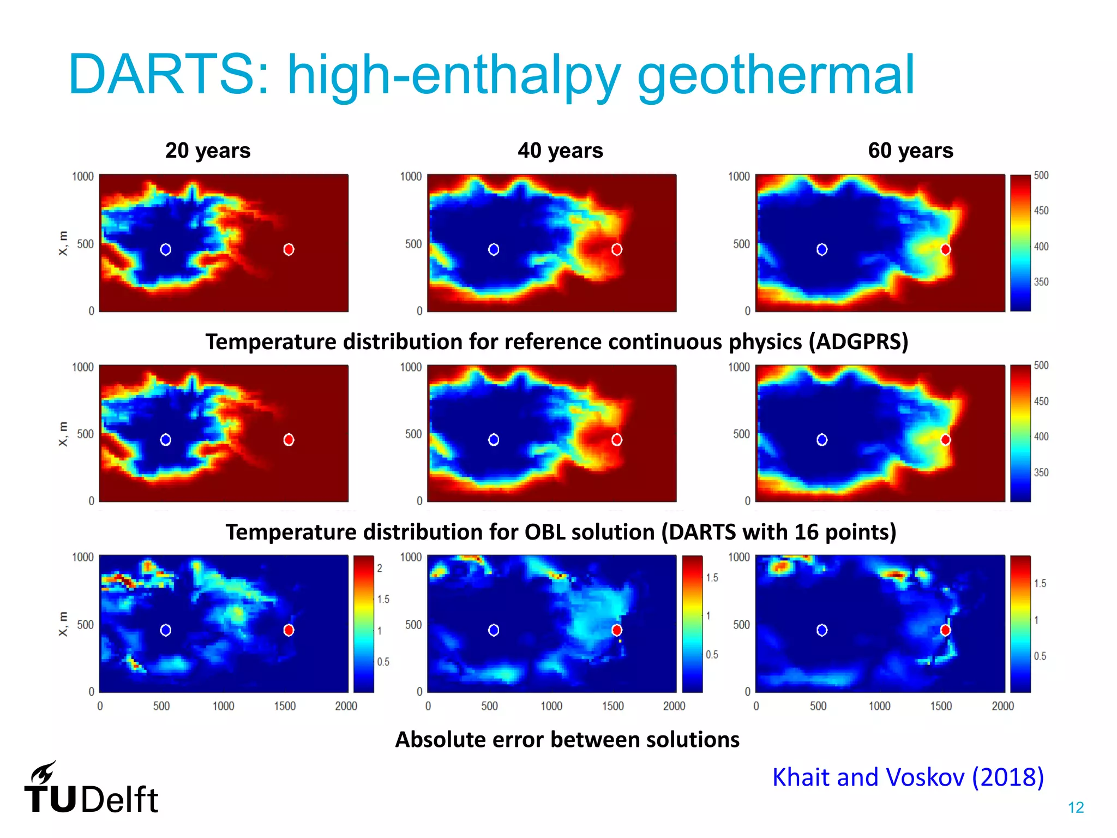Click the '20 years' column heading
tap(208, 151)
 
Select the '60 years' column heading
tap(910, 151)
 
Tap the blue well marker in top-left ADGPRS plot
tap(165, 249)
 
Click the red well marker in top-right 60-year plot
tap(946, 249)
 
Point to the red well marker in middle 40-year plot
tap(617, 440)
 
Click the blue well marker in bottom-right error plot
tap(822, 630)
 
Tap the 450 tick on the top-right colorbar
tap(1041, 211)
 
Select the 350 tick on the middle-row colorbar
tap(1041, 472)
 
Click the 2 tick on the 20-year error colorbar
tap(380, 568)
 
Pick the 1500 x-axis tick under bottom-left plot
tap(285, 706)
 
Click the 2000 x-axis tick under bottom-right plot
tap(1002, 706)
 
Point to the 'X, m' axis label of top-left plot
tap(63, 243)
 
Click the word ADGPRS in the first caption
tap(858, 342)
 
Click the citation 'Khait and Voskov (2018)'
tap(908, 777)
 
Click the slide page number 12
tap(1076, 807)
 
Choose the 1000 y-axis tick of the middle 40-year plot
tap(411, 367)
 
